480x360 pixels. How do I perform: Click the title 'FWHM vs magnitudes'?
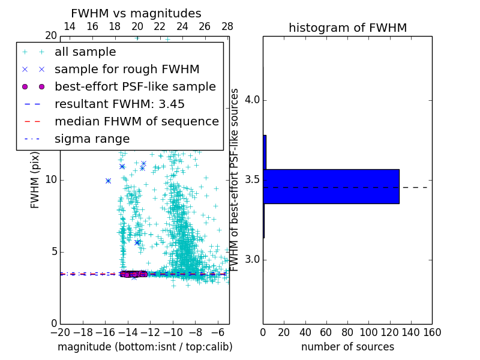pyautogui.click(x=136, y=14)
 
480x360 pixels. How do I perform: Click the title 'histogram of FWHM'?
pyautogui.click(x=347, y=28)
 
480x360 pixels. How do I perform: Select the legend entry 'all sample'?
pyautogui.click(x=85, y=52)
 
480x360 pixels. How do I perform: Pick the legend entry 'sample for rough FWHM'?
pyautogui.click(x=127, y=70)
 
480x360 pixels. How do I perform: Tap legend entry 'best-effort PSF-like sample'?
pyautogui.click(x=135, y=87)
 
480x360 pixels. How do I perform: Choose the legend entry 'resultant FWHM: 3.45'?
pyautogui.click(x=119, y=104)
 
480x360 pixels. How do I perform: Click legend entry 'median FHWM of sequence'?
pyautogui.click(x=137, y=122)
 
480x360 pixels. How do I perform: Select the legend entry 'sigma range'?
pyautogui.click(x=92, y=139)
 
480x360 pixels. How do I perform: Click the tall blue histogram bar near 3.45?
pyautogui.click(x=331, y=187)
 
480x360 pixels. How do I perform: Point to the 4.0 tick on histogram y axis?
pyautogui.click(x=251, y=100)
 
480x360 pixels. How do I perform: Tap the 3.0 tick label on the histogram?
pyautogui.click(x=251, y=260)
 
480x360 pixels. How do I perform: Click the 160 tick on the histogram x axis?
pyautogui.click(x=431, y=332)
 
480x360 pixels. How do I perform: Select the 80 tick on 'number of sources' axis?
pyautogui.click(x=347, y=332)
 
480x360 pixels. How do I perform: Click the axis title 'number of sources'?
pyautogui.click(x=347, y=347)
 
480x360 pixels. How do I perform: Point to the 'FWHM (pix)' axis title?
pyautogui.click(x=35, y=180)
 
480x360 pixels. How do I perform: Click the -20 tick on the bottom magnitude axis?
pyautogui.click(x=60, y=332)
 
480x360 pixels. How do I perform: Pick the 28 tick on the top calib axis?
pyautogui.click(x=227, y=26)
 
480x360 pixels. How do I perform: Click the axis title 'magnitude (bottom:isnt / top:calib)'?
pyautogui.click(x=145, y=347)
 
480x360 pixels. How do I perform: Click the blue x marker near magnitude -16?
pyautogui.click(x=108, y=181)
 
